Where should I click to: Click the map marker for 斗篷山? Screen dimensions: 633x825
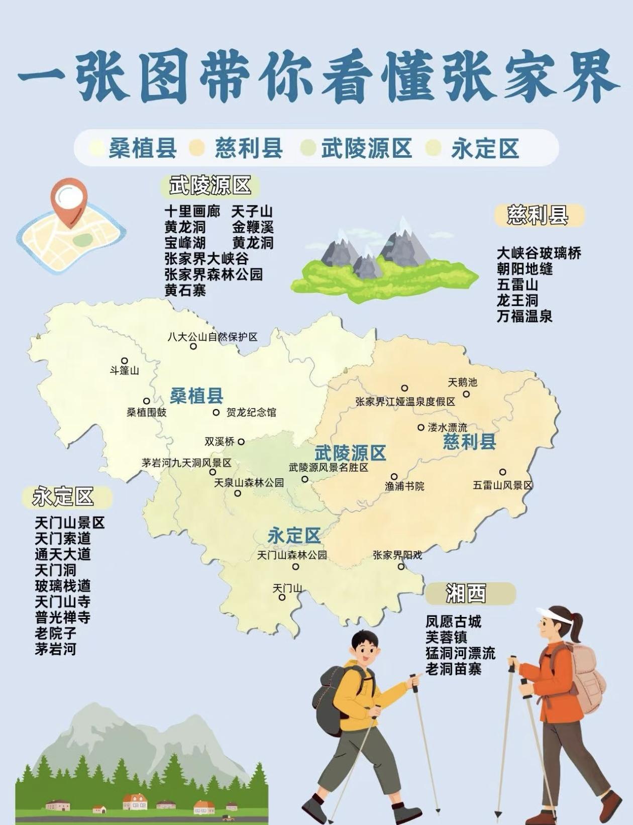pos(125,361)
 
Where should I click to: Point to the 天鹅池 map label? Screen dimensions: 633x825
pos(462,382)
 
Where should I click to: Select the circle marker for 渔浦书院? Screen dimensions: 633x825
pos(394,476)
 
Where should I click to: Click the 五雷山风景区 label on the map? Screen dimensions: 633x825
pos(502,485)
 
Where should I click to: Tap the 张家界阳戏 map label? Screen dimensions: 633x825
pos(397,555)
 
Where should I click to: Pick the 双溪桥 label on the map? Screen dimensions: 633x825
pos(220,442)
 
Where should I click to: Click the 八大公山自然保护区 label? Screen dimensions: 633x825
pos(212,337)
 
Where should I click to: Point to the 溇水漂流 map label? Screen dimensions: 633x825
pos(447,428)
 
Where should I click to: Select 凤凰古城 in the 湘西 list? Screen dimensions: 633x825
pos(453,622)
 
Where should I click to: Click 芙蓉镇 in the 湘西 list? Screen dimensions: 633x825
pos(446,638)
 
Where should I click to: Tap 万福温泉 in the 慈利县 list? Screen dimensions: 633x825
pos(524,317)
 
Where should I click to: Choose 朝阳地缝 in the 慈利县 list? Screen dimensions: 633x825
pos(524,269)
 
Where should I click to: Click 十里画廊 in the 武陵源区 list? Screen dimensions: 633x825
pos(192,212)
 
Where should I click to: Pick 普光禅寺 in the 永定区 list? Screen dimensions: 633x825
pos(62,617)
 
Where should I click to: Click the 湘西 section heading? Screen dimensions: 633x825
pos(466,594)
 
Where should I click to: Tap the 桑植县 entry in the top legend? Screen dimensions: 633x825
pos(143,148)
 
